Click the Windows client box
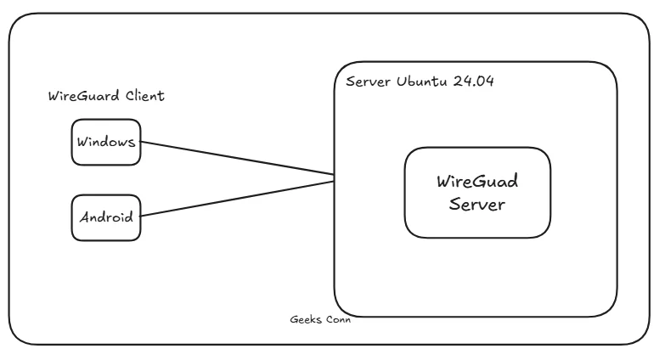[105, 142]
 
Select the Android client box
[105, 217]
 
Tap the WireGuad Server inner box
[476, 192]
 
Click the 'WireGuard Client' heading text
[106, 96]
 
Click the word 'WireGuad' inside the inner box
[476, 183]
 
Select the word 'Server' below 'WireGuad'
[476, 205]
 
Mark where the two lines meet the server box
[333, 178]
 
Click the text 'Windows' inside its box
[105, 142]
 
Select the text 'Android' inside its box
[105, 217]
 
